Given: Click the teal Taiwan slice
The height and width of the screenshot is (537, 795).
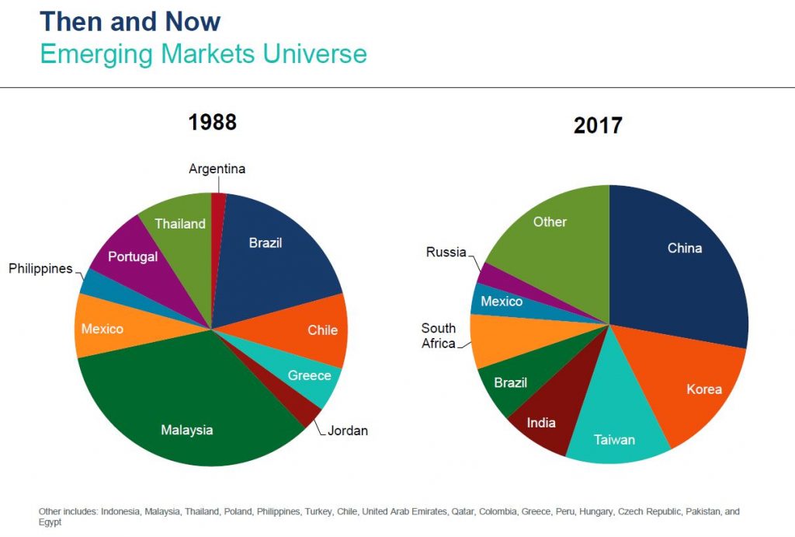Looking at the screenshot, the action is tap(616, 427).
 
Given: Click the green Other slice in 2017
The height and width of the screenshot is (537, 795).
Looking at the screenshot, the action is tap(557, 233).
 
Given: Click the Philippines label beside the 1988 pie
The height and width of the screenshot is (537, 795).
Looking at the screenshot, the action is tap(40, 269).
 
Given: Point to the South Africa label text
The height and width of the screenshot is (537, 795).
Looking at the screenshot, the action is tap(439, 336).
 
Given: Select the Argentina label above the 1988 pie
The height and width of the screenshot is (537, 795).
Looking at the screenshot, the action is tap(217, 169).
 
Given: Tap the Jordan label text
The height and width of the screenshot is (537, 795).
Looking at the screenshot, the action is tap(348, 431).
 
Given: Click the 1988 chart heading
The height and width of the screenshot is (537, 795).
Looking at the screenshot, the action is tap(213, 122).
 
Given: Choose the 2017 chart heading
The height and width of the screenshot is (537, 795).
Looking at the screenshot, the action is tap(598, 125).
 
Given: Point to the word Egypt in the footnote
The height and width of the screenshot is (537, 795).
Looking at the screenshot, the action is tap(50, 522).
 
